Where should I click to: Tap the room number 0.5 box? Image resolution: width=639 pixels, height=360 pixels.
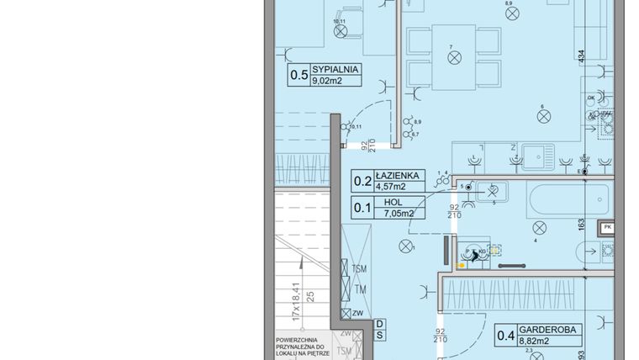(298, 75)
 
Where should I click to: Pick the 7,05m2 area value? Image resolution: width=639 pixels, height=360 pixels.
(398, 213)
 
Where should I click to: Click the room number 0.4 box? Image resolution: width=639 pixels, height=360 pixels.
(505, 336)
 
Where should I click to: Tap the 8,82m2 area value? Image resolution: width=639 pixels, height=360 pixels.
(534, 342)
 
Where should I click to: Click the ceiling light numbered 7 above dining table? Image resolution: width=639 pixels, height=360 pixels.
(455, 57)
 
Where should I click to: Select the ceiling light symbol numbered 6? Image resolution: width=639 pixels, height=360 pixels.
(543, 119)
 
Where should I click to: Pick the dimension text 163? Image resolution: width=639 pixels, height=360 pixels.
(580, 225)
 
